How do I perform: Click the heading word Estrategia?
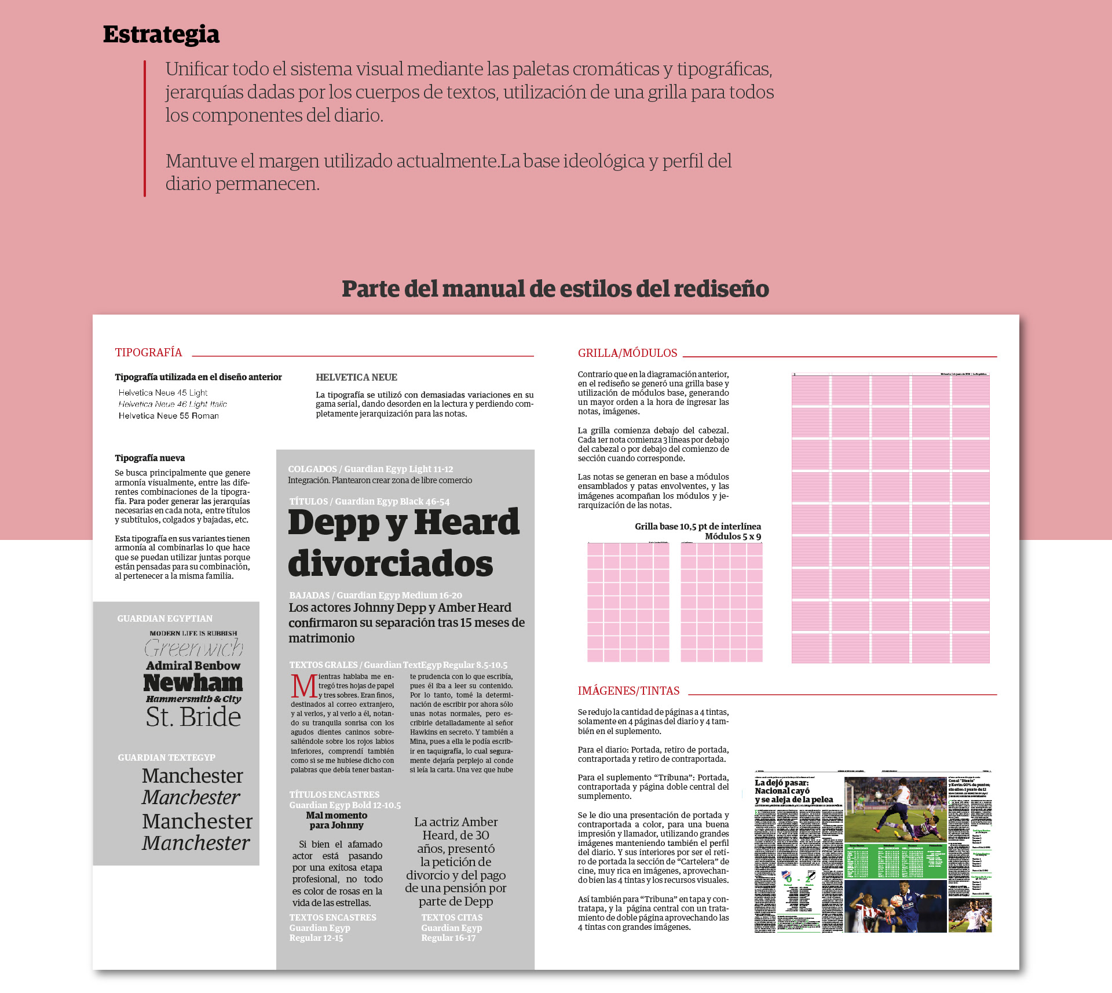(x=161, y=35)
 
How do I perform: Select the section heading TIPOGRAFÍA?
(x=148, y=353)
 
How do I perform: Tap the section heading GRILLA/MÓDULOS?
(x=627, y=353)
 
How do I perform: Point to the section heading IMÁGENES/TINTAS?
(x=628, y=691)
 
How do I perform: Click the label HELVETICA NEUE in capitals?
(x=356, y=378)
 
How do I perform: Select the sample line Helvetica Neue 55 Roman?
(x=169, y=416)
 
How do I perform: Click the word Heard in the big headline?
(x=467, y=523)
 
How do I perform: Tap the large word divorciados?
(x=390, y=564)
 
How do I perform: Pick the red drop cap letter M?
(x=303, y=687)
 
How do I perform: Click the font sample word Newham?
(x=193, y=684)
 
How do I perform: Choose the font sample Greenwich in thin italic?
(x=193, y=648)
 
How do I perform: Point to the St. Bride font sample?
(x=193, y=717)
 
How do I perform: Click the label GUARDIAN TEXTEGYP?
(x=166, y=758)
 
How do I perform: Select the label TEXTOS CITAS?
(x=452, y=918)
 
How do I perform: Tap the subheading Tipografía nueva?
(x=150, y=458)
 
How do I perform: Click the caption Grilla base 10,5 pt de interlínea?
(x=697, y=527)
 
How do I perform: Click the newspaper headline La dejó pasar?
(x=781, y=783)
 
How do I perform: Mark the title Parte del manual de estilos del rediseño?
(x=555, y=289)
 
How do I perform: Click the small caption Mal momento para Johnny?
(x=336, y=820)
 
